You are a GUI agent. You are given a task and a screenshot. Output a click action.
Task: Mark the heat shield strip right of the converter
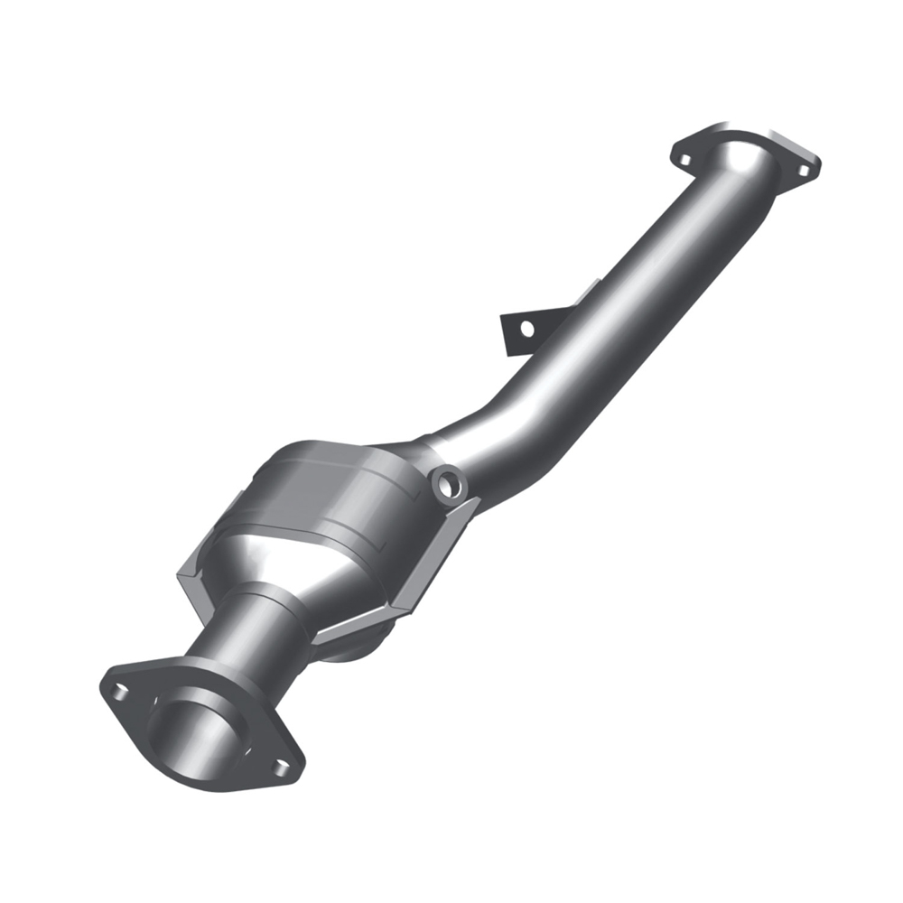(x=433, y=551)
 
